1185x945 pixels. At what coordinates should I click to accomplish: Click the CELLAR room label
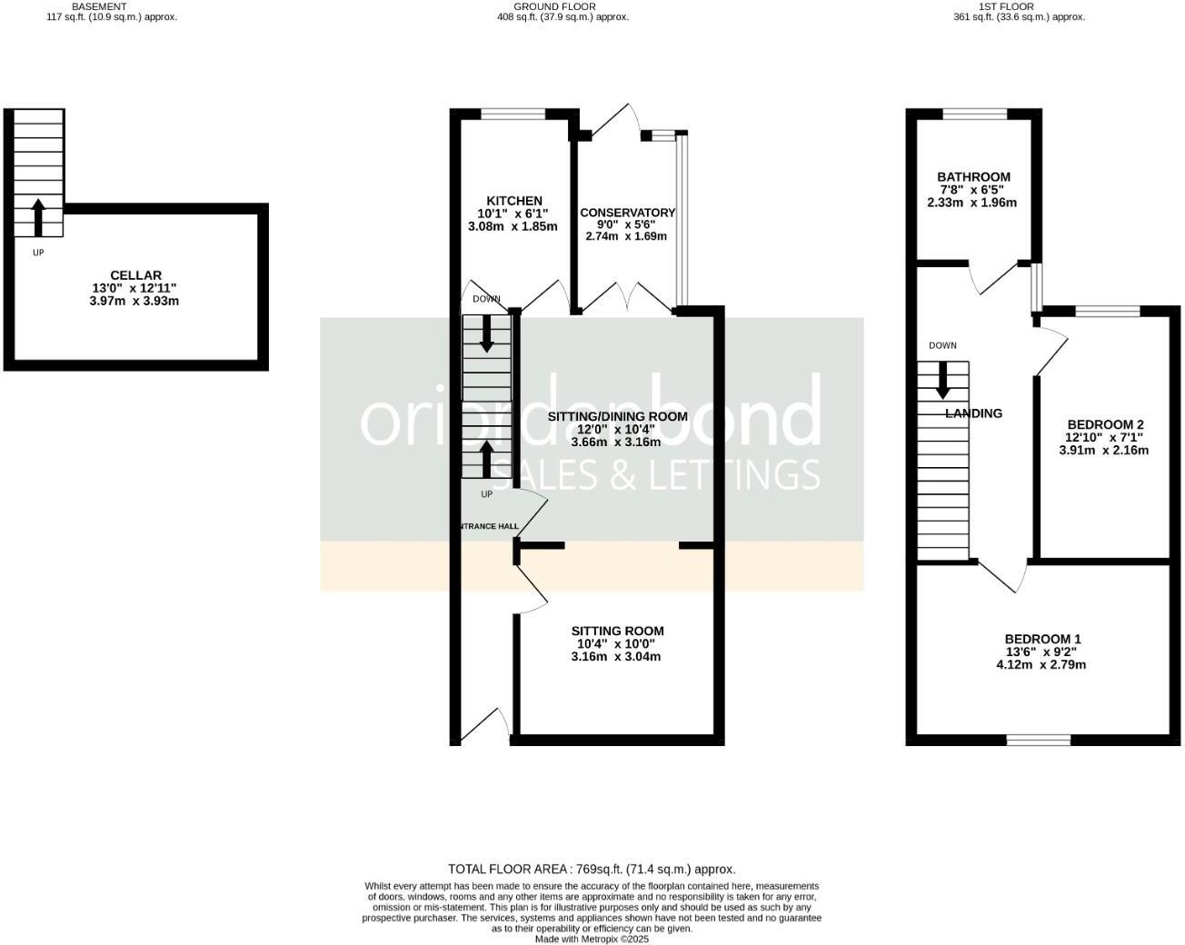click(x=135, y=275)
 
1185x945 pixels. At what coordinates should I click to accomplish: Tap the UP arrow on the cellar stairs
click(x=38, y=218)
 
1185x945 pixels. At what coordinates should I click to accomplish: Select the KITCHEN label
click(x=514, y=201)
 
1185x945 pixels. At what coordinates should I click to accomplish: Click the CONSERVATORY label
click(x=627, y=213)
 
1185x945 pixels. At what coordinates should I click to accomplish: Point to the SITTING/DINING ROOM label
click(x=617, y=416)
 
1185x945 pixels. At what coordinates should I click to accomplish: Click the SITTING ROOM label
click(x=617, y=631)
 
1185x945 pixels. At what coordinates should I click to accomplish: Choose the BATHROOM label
click(x=973, y=177)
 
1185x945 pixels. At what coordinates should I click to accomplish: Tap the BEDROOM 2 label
click(x=1105, y=424)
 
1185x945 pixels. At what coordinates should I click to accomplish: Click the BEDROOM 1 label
click(x=1042, y=639)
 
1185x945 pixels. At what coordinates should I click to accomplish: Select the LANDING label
click(x=973, y=413)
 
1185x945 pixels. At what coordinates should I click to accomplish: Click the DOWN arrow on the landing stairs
click(x=942, y=380)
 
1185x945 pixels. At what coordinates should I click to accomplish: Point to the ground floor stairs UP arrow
click(x=486, y=459)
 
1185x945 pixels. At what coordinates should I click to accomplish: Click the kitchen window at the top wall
click(x=513, y=114)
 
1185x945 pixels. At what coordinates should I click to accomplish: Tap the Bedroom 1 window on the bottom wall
click(x=1038, y=740)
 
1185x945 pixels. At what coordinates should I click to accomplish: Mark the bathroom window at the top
click(x=974, y=114)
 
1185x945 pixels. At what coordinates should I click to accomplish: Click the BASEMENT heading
click(x=99, y=6)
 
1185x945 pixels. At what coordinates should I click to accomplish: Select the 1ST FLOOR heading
click(x=1043, y=6)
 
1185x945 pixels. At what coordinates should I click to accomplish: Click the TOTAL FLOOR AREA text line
click(x=592, y=870)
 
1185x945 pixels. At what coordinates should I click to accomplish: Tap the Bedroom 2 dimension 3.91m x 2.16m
click(x=1104, y=450)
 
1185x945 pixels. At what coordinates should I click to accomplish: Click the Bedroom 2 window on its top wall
click(x=1108, y=312)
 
